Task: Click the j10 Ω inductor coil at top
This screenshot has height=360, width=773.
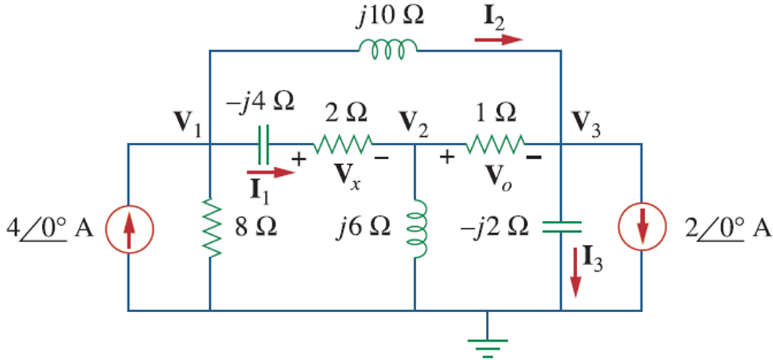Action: tap(387, 49)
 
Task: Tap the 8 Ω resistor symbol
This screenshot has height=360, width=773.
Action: tap(211, 227)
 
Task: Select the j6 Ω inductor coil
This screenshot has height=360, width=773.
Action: tap(417, 227)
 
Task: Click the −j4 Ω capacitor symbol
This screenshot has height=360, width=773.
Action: tap(262, 144)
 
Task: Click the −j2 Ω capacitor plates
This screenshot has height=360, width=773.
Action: tap(561, 227)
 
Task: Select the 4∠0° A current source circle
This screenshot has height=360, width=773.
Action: tap(130, 227)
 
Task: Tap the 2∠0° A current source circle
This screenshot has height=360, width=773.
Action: tap(642, 227)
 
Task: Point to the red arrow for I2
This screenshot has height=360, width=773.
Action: tap(498, 38)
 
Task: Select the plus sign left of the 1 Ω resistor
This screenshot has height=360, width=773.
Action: tap(446, 156)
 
